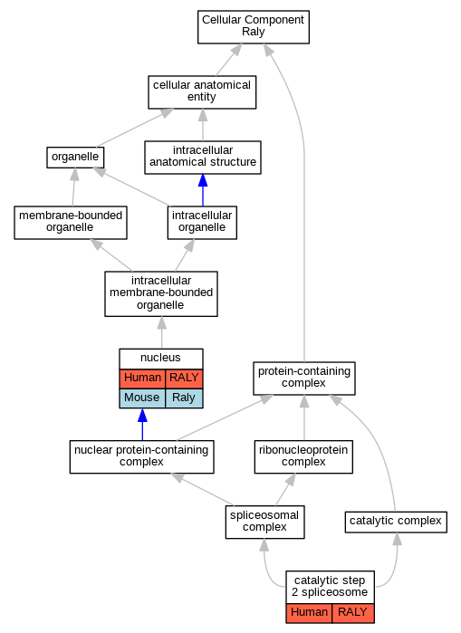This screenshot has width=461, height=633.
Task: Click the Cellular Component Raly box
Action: [253, 27]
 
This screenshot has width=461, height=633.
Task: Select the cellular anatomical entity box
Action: [202, 92]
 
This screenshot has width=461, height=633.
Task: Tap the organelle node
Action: [75, 158]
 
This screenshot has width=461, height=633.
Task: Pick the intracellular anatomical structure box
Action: [203, 158]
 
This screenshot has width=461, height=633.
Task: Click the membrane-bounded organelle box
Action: [71, 223]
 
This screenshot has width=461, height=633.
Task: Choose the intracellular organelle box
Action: [202, 223]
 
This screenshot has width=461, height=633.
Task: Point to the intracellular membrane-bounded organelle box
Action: [161, 294]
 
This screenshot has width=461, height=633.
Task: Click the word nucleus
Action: [160, 358]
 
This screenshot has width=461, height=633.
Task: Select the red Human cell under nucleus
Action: [142, 379]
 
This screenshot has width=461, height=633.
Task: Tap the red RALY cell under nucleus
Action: [184, 379]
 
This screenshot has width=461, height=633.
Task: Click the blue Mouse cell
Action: [142, 398]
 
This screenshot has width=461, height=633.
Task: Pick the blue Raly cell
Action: [184, 398]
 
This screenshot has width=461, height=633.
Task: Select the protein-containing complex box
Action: [304, 379]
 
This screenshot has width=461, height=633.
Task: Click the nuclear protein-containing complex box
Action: [141, 457]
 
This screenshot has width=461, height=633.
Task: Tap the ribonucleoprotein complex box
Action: [303, 457]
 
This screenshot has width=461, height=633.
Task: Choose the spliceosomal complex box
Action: [264, 522]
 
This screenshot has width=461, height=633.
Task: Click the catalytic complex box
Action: [396, 522]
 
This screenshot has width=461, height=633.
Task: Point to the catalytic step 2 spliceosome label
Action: [330, 587]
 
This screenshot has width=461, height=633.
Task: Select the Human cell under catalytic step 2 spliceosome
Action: [309, 613]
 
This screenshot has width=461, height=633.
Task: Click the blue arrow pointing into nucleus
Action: [142, 425]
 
